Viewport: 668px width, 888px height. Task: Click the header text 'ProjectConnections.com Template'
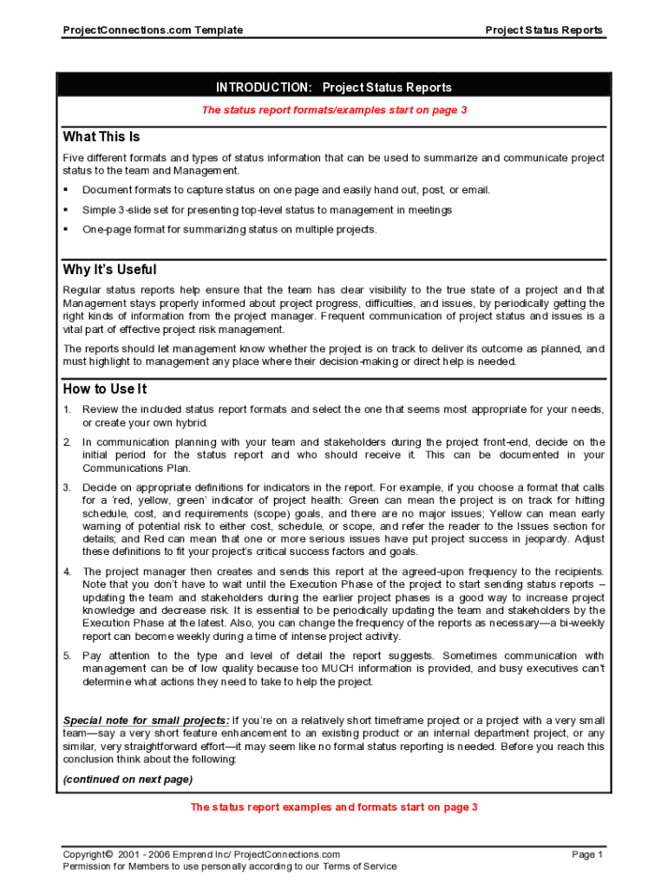pyautogui.click(x=153, y=30)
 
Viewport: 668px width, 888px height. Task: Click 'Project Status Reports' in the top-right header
pyautogui.click(x=543, y=30)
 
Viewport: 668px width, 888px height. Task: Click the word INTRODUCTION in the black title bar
pyautogui.click(x=264, y=88)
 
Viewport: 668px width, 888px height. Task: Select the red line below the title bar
pyautogui.click(x=334, y=110)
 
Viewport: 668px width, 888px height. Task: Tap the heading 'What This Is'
pyautogui.click(x=102, y=137)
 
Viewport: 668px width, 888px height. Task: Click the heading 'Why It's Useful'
pyautogui.click(x=109, y=270)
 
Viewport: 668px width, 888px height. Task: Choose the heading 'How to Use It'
pyautogui.click(x=105, y=389)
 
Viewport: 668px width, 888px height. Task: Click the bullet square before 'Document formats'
pyautogui.click(x=66, y=190)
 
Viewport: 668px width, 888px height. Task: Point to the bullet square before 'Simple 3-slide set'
pyautogui.click(x=66, y=210)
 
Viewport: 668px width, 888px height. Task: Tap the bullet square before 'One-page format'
pyautogui.click(x=66, y=230)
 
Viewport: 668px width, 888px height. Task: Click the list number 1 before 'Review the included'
pyautogui.click(x=67, y=409)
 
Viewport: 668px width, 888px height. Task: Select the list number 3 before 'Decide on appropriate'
pyautogui.click(x=67, y=487)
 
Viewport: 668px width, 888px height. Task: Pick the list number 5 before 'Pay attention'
pyautogui.click(x=67, y=656)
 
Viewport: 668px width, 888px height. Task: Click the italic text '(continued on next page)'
pyautogui.click(x=128, y=779)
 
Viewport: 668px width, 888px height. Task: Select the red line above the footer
pyautogui.click(x=334, y=807)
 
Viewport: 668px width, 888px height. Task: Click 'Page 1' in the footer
pyautogui.click(x=587, y=855)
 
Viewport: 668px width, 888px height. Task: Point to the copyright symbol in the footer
pyautogui.click(x=110, y=855)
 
